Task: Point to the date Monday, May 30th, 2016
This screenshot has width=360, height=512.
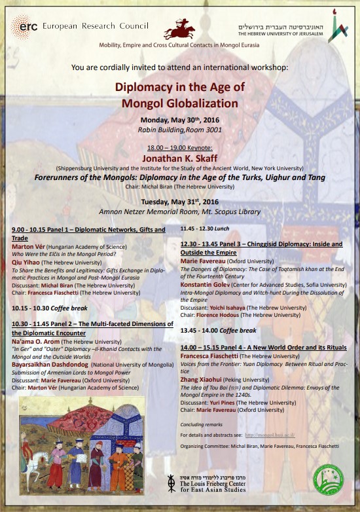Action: pyautogui.click(x=179, y=119)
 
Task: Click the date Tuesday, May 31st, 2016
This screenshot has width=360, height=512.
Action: pyautogui.click(x=179, y=202)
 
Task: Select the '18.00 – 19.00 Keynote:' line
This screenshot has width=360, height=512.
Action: pyautogui.click(x=179, y=148)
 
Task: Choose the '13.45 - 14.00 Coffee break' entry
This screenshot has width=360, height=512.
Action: pyautogui.click(x=218, y=330)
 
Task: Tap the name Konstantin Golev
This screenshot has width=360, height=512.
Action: pyautogui.click(x=207, y=285)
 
